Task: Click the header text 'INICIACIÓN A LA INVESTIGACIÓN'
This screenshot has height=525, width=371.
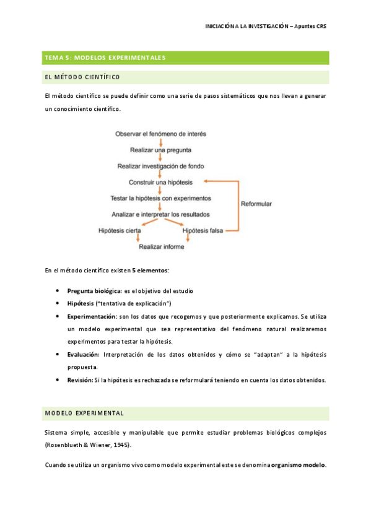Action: click(x=247, y=27)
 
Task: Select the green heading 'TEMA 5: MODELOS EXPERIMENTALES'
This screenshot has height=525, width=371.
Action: click(x=104, y=58)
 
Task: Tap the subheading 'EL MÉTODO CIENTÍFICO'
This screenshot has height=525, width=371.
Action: click(x=82, y=77)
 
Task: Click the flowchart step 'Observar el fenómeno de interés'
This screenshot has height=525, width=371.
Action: click(x=160, y=134)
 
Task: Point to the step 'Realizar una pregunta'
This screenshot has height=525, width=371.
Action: click(x=160, y=150)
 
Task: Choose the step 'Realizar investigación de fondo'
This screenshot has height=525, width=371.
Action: click(x=160, y=166)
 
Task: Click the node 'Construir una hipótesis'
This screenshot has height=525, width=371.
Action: click(x=160, y=182)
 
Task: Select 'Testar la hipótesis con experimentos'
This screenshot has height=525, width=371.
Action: click(x=160, y=198)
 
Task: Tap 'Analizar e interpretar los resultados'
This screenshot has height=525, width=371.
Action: click(x=160, y=214)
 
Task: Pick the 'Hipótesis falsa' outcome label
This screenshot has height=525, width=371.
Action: click(x=203, y=230)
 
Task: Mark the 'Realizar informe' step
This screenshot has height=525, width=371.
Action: click(x=161, y=246)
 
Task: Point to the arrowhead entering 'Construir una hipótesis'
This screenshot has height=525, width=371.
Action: click(x=207, y=182)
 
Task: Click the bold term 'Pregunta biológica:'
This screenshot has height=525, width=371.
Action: click(x=95, y=290)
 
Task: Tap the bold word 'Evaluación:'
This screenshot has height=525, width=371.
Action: click(x=84, y=354)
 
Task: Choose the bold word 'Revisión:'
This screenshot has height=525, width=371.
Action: click(x=80, y=380)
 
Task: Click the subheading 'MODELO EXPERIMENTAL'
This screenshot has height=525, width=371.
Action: click(x=84, y=412)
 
